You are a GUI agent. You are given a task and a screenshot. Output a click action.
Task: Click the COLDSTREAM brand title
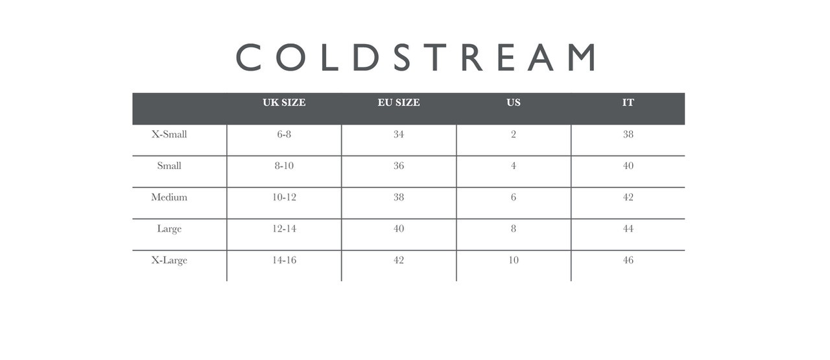point(416,57)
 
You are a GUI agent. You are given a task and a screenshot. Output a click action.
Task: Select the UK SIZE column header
point(284,102)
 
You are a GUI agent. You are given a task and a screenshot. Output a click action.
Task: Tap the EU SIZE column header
point(399,102)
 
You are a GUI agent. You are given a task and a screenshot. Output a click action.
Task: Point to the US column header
point(514,102)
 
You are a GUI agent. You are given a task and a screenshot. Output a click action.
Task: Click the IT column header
point(628,102)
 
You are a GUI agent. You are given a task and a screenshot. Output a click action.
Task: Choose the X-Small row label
point(169,134)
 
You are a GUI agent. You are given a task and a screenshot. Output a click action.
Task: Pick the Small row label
point(169,165)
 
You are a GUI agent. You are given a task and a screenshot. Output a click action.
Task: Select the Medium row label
point(169,197)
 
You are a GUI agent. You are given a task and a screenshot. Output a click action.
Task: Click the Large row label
point(169,229)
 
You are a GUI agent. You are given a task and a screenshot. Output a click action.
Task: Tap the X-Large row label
point(169,261)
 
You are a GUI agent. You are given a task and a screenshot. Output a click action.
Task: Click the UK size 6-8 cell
point(284,134)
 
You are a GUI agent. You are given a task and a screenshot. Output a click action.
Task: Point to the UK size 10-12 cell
point(284,197)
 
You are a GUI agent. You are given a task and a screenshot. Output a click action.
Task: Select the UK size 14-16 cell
point(284,260)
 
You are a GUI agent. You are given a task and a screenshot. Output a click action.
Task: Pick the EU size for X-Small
point(399,134)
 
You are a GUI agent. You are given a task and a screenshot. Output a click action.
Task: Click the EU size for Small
point(399,165)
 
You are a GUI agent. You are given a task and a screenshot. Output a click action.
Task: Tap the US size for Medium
point(514,197)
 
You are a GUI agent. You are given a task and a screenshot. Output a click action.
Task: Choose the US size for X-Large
point(514,260)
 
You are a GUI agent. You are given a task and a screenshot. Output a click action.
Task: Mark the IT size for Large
point(628,229)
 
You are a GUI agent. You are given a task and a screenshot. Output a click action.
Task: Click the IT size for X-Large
point(628,260)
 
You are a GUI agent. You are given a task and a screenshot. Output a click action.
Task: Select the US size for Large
point(514,229)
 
